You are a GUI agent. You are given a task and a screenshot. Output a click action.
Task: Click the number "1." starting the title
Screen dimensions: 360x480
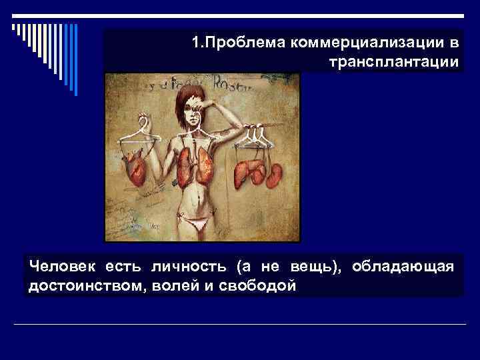click(x=198, y=43)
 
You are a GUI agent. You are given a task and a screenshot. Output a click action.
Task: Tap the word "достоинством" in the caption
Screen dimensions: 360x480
click(x=83, y=285)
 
